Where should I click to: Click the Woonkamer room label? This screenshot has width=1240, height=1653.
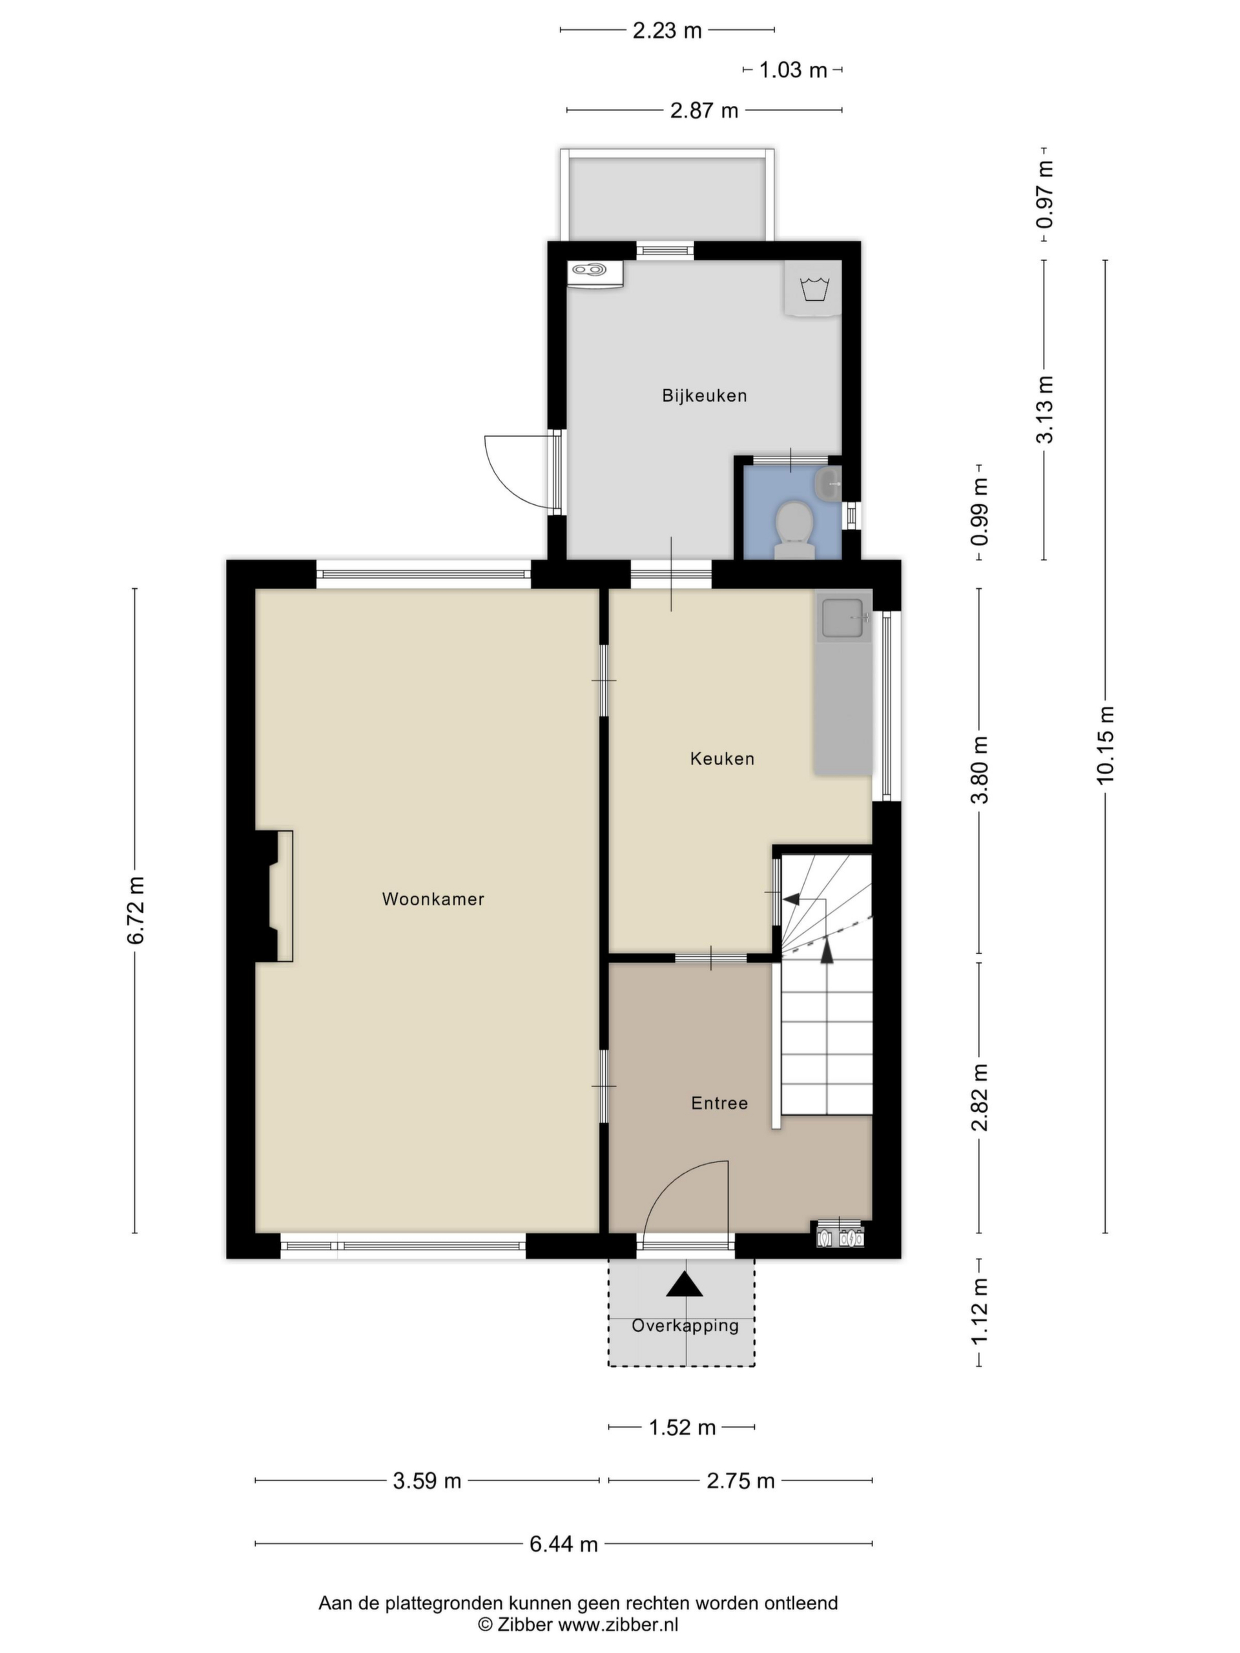click(x=433, y=899)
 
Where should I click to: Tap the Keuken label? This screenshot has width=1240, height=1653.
click(x=722, y=759)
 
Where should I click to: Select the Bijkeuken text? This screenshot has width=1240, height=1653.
click(x=704, y=395)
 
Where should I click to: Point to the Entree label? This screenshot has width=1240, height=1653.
click(x=719, y=1103)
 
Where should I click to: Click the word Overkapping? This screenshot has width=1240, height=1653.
click(x=685, y=1326)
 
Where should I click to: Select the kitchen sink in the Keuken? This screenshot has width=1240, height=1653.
click(x=845, y=618)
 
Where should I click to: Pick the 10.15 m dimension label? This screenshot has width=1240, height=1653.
click(x=1105, y=744)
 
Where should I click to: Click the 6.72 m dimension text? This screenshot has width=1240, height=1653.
click(x=135, y=910)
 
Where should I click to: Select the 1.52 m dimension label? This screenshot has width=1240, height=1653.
click(x=681, y=1427)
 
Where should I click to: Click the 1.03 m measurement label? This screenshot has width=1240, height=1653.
click(x=793, y=70)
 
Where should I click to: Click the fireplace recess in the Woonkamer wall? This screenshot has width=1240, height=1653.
click(x=274, y=895)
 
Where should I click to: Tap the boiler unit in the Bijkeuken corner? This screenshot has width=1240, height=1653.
click(x=595, y=274)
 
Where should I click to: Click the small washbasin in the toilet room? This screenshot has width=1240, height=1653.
click(x=828, y=485)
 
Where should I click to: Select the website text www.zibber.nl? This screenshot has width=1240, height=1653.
click(x=619, y=1624)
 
